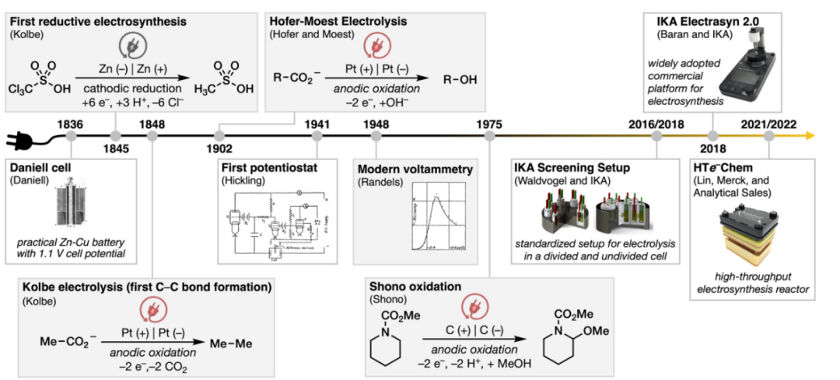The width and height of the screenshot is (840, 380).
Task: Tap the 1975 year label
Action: pyautogui.click(x=488, y=122)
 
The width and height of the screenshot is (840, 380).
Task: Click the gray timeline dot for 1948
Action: pyautogui.click(x=376, y=137)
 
